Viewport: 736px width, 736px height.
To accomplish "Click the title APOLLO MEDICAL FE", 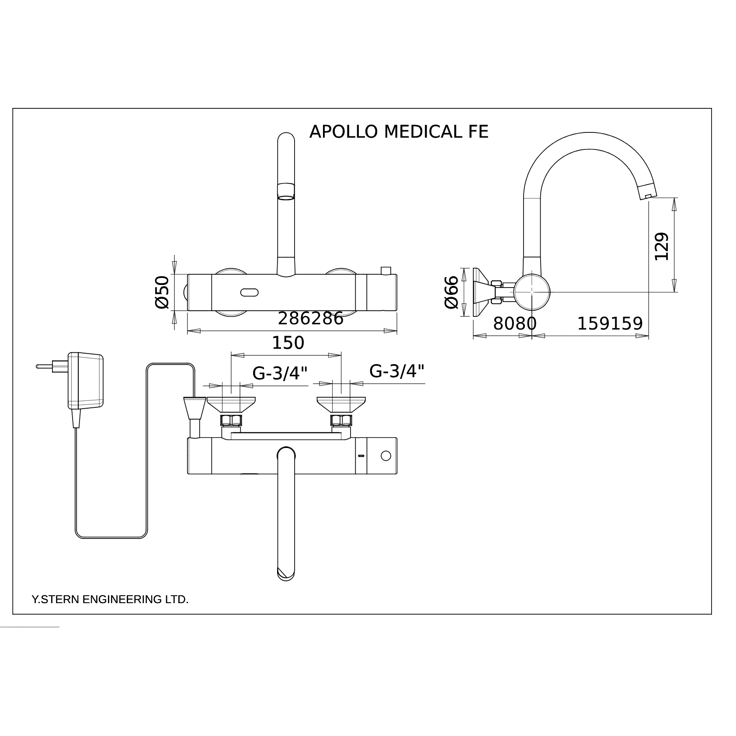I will (x=399, y=132).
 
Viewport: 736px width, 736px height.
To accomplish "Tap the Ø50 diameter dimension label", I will (x=162, y=292).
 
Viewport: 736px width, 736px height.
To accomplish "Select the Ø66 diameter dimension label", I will (x=451, y=292).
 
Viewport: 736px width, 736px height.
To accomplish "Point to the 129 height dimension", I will (x=662, y=246).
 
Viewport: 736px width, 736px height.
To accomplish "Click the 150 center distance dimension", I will (x=288, y=343).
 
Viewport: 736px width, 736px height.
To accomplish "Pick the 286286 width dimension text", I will (x=311, y=319).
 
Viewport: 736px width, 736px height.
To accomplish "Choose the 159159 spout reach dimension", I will (x=610, y=324).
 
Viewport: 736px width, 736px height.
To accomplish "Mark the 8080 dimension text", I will (x=514, y=324).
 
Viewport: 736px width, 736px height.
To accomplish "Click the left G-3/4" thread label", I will (x=280, y=374).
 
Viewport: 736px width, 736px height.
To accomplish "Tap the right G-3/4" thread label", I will (x=397, y=371).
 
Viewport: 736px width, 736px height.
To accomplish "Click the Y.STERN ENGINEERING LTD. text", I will (x=110, y=599).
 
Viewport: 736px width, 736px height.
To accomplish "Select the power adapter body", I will (x=86, y=380).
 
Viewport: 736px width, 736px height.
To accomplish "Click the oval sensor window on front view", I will (x=249, y=292).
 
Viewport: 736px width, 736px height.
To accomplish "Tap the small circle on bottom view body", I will (x=385, y=456).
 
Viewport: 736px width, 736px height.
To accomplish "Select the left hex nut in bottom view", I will (x=231, y=420).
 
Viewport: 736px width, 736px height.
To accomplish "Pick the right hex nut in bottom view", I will (x=341, y=420).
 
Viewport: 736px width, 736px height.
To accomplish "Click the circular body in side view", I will (x=531, y=292).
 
